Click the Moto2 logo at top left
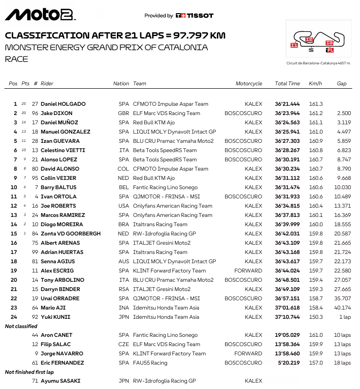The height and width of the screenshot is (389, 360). [40, 14]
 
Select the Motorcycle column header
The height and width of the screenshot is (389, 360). [248, 83]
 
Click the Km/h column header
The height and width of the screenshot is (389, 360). [315, 83]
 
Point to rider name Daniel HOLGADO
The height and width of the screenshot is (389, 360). [63, 104]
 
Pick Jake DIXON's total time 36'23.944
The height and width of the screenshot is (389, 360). [287, 113]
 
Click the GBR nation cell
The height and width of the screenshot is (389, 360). [123, 113]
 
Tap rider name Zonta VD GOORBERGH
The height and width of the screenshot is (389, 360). [71, 233]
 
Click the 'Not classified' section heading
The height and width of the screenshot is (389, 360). [21, 326]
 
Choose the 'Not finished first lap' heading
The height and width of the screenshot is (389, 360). [29, 372]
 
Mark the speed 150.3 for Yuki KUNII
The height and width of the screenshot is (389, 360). [316, 317]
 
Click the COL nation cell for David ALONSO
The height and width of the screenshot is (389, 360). [124, 169]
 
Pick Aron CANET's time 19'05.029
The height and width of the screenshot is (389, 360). [287, 335]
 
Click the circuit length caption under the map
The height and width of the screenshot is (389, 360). [319, 64]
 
